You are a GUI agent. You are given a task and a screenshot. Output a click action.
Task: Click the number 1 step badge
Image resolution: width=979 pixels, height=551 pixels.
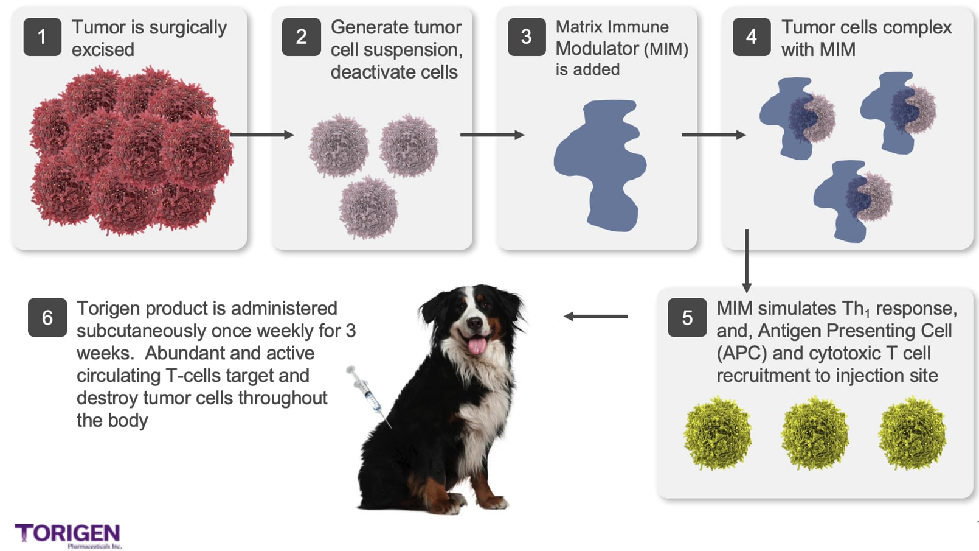pos(42,37)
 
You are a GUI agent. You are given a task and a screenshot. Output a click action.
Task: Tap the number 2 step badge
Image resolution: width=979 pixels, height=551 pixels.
pos(301,37)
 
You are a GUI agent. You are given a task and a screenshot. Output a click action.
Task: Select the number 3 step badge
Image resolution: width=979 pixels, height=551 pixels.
pos(526,37)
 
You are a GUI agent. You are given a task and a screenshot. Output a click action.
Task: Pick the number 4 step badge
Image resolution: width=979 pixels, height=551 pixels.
pos(751,37)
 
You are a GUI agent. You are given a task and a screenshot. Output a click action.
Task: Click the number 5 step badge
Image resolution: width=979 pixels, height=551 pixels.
pos(687,317)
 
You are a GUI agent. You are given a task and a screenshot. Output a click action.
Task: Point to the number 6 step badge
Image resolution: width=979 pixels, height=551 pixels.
pos(47,317)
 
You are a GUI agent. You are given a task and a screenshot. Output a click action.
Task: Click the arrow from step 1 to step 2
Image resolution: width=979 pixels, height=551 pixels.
pos(261,135)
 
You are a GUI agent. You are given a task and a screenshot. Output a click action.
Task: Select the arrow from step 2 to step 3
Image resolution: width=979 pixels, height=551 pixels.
pos(491,135)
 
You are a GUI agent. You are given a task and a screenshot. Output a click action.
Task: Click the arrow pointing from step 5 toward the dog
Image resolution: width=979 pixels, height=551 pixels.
pos(595,316)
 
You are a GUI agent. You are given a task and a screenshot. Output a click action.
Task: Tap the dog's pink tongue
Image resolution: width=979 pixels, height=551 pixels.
pos(477,346)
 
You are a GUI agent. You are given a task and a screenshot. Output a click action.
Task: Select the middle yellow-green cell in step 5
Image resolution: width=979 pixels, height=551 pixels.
pos(814,433)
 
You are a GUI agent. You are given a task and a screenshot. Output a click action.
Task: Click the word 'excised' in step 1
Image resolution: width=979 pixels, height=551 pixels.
pos(103,50)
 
